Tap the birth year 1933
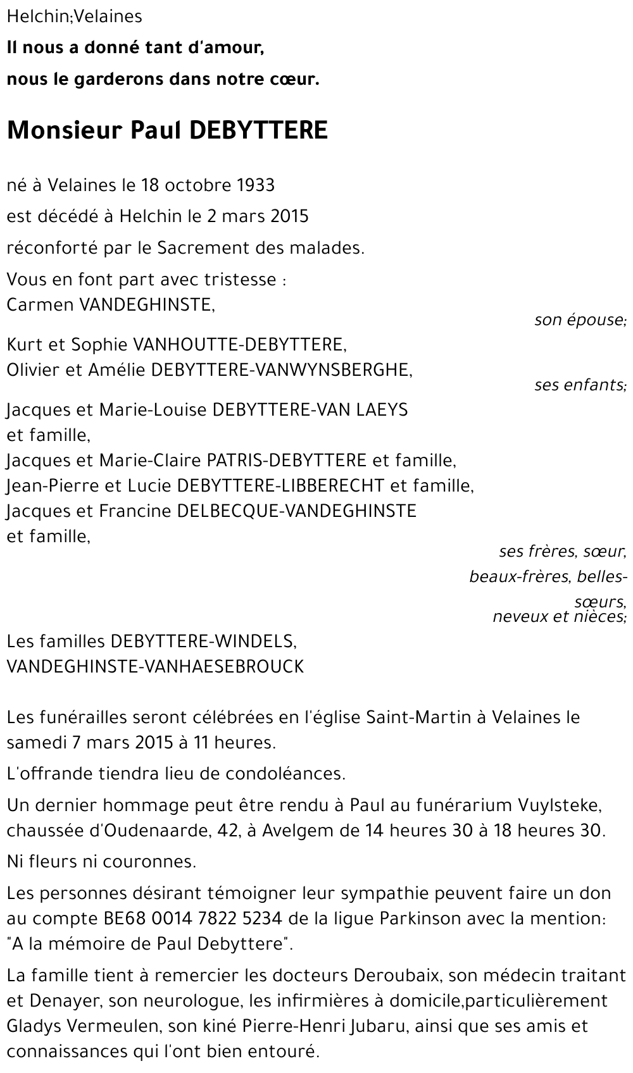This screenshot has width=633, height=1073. (x=256, y=185)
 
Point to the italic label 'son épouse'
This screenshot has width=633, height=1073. (x=580, y=320)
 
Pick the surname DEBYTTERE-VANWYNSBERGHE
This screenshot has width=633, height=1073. (x=282, y=370)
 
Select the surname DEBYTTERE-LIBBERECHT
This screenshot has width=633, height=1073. (x=280, y=485)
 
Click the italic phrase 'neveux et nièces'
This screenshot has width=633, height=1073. (x=559, y=616)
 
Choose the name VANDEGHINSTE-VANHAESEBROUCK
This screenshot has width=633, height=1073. (x=155, y=666)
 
